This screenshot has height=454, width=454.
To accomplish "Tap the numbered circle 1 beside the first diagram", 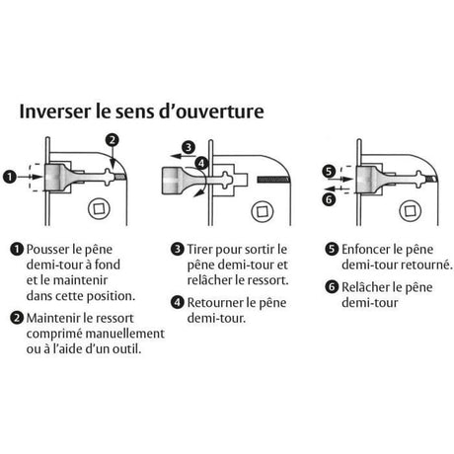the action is [10, 177].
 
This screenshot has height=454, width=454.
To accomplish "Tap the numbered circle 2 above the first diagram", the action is [113, 140].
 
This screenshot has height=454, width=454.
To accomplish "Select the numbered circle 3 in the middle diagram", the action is [189, 147].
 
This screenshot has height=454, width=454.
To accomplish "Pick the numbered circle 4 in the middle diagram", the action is [201, 163].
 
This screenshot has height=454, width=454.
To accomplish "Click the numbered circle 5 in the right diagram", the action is [329, 171].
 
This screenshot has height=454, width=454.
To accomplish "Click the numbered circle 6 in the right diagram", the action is [329, 199].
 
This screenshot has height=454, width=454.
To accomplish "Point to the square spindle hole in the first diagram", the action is [99, 208].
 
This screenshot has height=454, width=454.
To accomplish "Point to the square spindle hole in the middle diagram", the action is [263, 211].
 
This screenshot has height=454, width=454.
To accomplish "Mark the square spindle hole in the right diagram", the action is [410, 210].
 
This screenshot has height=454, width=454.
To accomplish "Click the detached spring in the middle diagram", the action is [273, 179].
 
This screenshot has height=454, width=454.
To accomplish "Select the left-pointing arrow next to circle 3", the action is [183, 156].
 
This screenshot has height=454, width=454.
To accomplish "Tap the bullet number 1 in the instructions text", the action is [17, 249].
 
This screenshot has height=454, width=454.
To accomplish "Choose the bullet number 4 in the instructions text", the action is [178, 302].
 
